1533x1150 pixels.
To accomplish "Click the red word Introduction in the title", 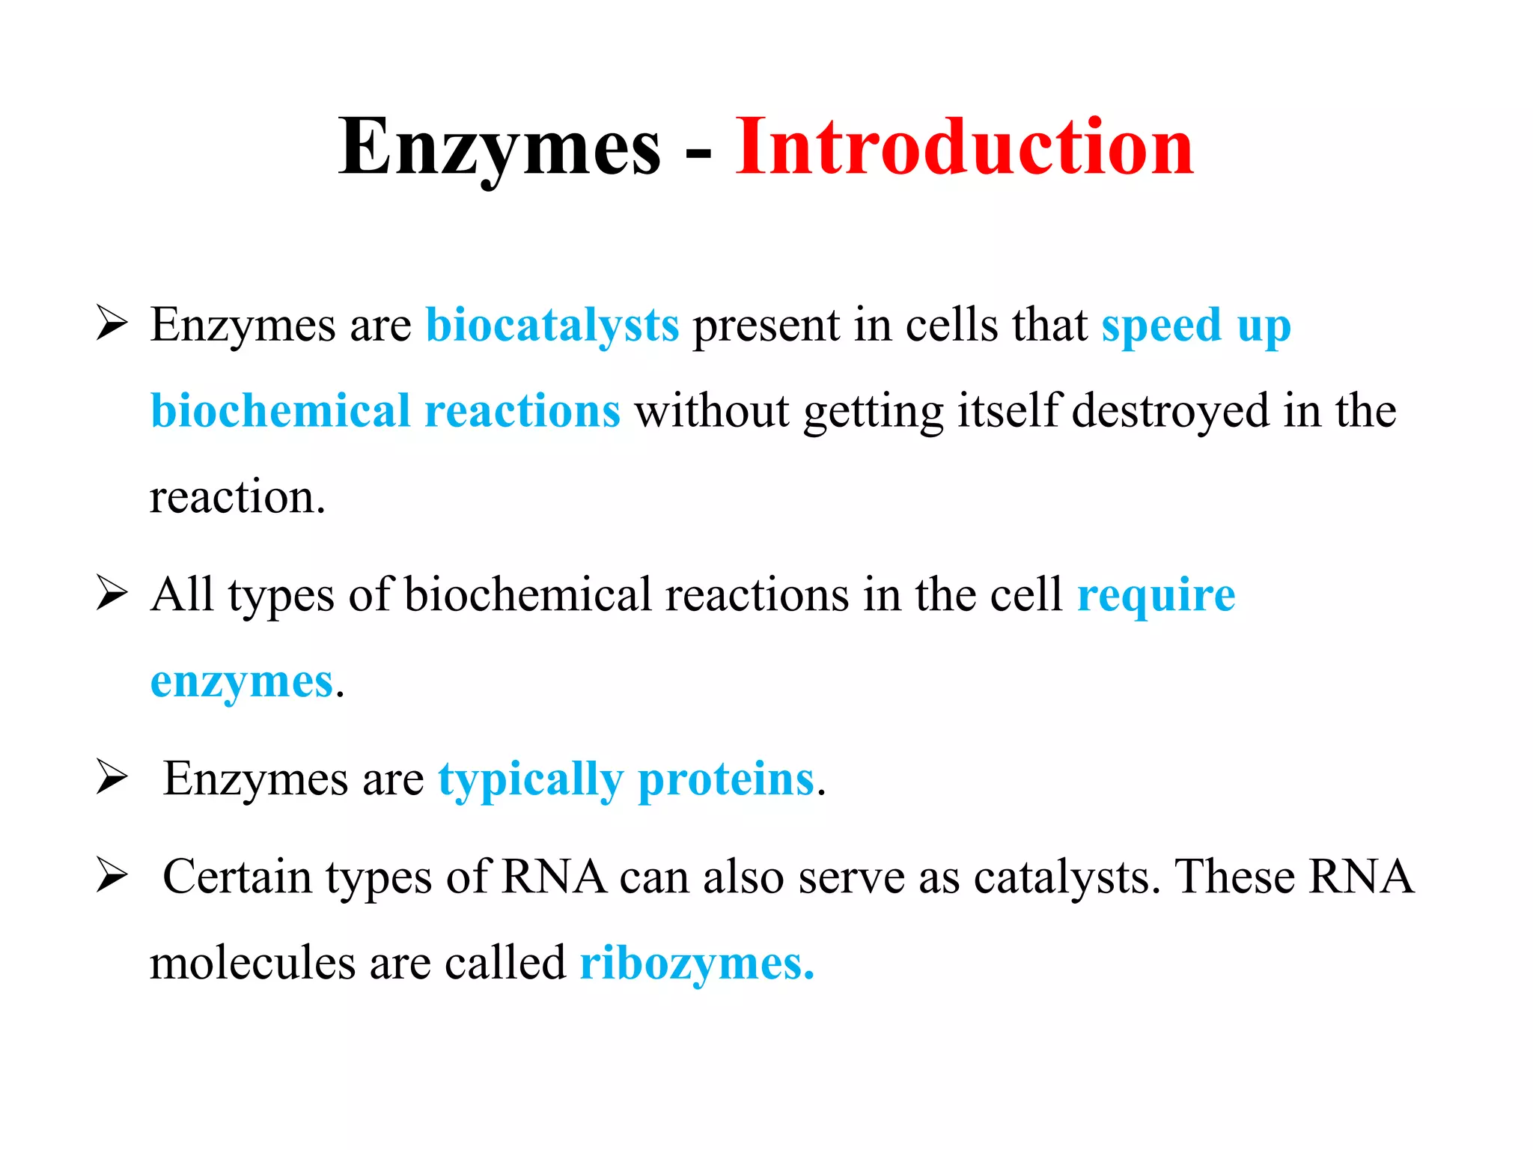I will pyautogui.click(x=964, y=147).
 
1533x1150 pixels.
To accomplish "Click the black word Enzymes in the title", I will pyautogui.click(x=499, y=147).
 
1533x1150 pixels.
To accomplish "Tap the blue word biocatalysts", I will pyautogui.click(x=552, y=326).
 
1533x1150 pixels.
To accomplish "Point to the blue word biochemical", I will pyautogui.click(x=281, y=411).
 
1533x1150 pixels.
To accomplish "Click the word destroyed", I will pyautogui.click(x=1170, y=411).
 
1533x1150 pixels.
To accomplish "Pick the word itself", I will pyautogui.click(x=1009, y=411).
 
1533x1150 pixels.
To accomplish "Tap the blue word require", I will pyautogui.click(x=1156, y=597).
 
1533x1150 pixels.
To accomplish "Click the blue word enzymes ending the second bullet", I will pyautogui.click(x=241, y=682).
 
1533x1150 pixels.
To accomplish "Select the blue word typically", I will pyautogui.click(x=530, y=781).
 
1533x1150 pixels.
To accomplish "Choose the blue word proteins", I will pyautogui.click(x=725, y=779).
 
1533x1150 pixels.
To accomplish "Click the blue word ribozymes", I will pyautogui.click(x=696, y=964).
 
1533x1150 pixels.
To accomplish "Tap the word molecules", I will pyautogui.click(x=252, y=964).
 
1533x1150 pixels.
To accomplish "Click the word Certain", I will pyautogui.click(x=237, y=877).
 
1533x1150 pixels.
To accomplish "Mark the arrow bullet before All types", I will pyautogui.click(x=112, y=595).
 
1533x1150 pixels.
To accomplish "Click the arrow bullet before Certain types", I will pyautogui.click(x=112, y=876).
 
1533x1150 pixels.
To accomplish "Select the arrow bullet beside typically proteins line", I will pyautogui.click(x=112, y=779).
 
